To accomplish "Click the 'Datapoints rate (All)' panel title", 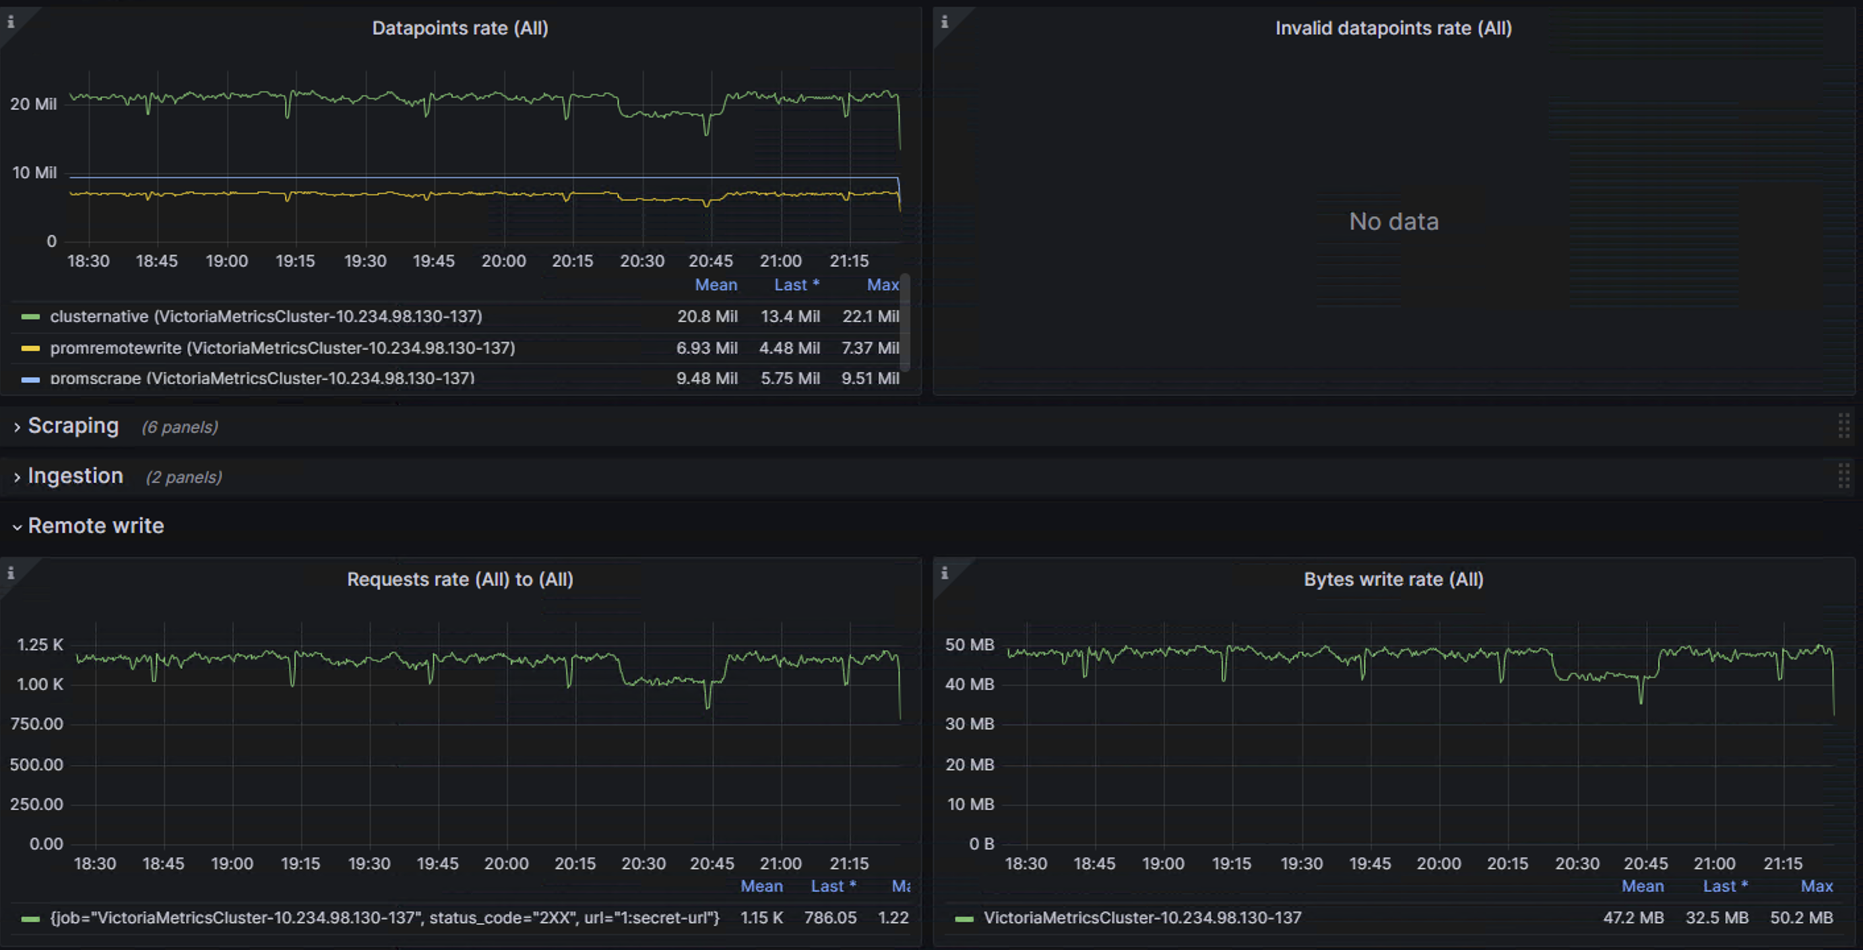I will (x=460, y=28).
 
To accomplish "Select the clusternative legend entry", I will (x=265, y=316).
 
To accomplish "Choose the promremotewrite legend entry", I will (x=282, y=348).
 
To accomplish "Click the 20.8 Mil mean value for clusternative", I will (x=707, y=316).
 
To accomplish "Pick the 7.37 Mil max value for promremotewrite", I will (x=870, y=348).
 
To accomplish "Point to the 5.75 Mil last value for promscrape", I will (x=790, y=378).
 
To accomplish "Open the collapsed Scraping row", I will (x=73, y=426).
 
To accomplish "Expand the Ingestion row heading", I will (x=75, y=476).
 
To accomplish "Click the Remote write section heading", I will (x=96, y=526).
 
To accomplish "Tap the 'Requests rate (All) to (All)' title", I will (x=460, y=579).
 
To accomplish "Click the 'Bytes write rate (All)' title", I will (x=1393, y=579).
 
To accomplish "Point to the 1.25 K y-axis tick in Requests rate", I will (x=40, y=644).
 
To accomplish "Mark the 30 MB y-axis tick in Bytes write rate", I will (x=969, y=724).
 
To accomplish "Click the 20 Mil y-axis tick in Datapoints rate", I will (x=33, y=104).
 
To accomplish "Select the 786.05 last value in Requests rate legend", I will (x=831, y=918).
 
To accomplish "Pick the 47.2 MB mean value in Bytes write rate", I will (x=1633, y=918).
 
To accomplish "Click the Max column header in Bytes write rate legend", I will (x=1816, y=885).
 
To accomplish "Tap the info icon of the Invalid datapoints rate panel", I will (x=945, y=22).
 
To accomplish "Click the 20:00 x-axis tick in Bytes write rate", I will (x=1438, y=863).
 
